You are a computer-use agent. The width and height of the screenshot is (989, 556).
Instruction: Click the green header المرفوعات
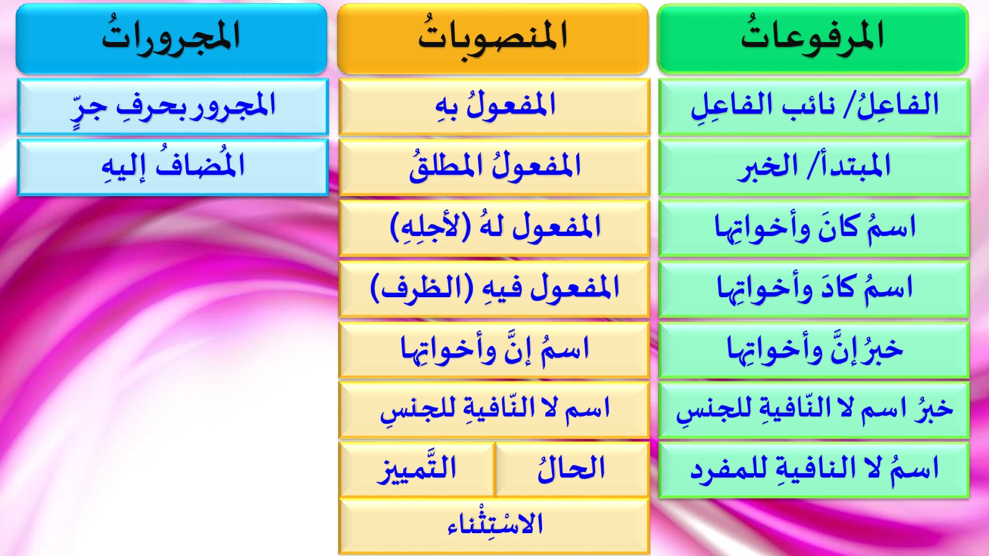click(813, 38)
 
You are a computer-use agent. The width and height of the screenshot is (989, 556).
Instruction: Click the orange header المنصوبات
click(493, 38)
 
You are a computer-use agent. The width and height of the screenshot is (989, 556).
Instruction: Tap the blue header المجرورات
click(172, 38)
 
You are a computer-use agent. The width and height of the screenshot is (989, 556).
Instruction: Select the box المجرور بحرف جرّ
click(173, 107)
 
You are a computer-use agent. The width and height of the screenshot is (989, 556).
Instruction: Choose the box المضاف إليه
click(173, 167)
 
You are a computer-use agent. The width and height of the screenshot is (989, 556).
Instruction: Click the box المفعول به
click(494, 107)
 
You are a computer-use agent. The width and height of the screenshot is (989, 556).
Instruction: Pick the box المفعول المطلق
click(494, 167)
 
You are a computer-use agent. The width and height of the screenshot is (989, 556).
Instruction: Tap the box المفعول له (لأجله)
click(494, 228)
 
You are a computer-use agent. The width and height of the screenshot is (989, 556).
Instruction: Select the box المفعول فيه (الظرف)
click(494, 289)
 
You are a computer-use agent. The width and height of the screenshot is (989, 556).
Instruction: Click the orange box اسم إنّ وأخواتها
click(494, 350)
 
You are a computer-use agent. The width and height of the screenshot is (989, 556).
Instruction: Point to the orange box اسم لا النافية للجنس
click(494, 410)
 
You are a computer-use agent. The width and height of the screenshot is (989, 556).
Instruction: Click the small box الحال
click(572, 470)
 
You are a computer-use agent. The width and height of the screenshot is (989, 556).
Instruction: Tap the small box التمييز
click(417, 470)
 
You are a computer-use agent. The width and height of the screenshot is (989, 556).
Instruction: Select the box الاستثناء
click(494, 526)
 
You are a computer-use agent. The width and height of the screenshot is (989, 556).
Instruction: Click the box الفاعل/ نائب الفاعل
click(814, 107)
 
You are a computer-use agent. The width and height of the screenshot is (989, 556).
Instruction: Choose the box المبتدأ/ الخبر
click(814, 167)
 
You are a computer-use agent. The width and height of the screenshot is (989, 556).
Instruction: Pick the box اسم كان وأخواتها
click(814, 228)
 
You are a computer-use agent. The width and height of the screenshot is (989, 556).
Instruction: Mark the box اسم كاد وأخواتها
click(814, 289)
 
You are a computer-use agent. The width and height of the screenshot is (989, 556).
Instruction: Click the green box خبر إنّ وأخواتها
click(814, 350)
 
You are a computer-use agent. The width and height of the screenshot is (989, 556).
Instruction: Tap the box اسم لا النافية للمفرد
click(814, 470)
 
